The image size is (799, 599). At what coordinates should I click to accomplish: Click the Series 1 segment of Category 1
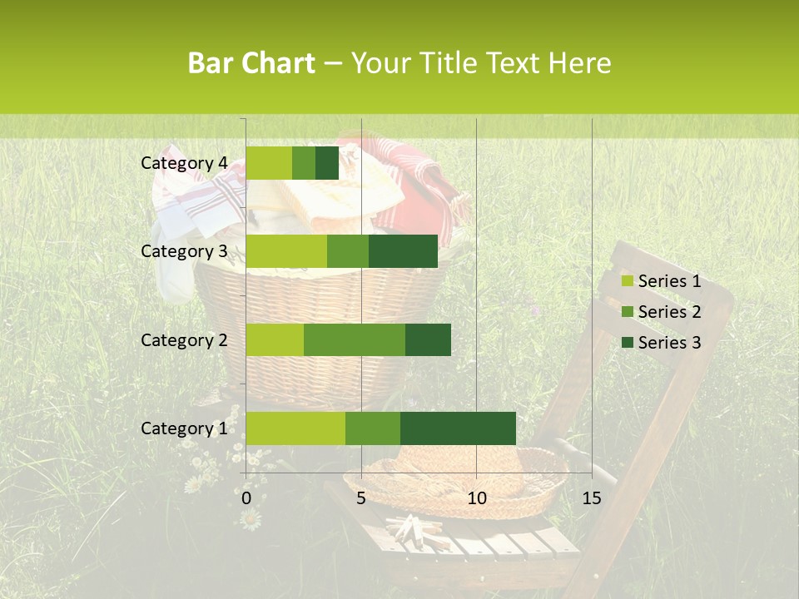point(295,428)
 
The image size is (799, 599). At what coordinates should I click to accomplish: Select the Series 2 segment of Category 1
point(373,428)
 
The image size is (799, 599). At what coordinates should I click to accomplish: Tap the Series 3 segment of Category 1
point(458,428)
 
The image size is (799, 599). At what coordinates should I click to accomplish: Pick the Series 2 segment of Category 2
point(355,339)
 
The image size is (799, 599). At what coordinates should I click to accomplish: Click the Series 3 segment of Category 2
point(428,339)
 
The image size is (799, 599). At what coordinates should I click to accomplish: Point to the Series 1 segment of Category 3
point(286,251)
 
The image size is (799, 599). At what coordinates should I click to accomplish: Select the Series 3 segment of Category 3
point(403,251)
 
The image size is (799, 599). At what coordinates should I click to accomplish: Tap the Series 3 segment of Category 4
point(327,163)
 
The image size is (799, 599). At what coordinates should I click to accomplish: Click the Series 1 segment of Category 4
point(269,163)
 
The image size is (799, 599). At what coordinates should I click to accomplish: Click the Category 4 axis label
point(184,163)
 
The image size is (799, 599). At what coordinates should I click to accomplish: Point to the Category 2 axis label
point(184,339)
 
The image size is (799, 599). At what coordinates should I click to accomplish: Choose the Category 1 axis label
point(184,428)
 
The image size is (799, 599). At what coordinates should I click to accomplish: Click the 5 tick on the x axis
point(361,498)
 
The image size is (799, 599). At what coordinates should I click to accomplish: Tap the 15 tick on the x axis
point(591,498)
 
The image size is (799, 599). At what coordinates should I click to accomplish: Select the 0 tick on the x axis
point(246,498)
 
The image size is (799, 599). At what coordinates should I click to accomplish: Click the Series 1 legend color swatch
point(627,281)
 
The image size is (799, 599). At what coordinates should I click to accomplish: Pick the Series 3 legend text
point(669,343)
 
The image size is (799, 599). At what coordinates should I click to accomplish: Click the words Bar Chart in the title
point(251,62)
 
